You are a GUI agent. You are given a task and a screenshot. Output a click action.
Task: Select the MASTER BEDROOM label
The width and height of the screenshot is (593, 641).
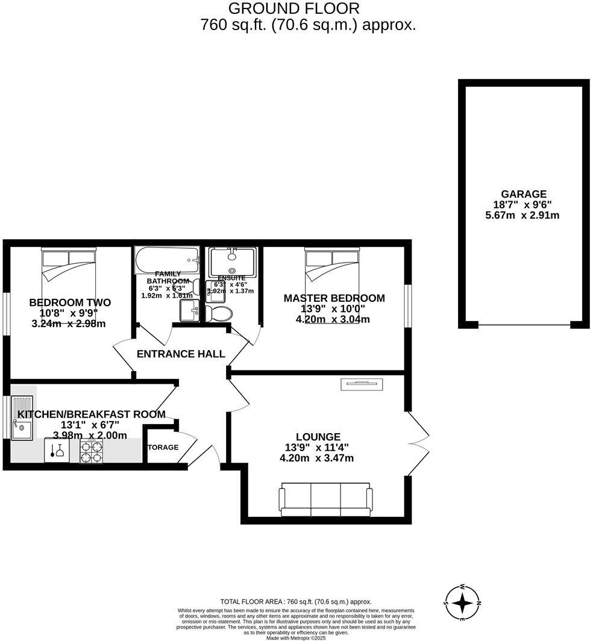tap(334, 298)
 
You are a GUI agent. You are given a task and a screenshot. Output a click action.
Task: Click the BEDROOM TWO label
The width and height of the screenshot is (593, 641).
tap(70, 302)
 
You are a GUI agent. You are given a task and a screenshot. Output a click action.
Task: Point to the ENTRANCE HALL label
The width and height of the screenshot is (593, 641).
tap(181, 354)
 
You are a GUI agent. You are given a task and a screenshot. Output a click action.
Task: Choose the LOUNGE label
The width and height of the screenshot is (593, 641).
tap(318, 437)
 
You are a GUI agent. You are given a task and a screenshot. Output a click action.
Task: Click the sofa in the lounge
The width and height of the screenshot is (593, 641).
tap(325, 499)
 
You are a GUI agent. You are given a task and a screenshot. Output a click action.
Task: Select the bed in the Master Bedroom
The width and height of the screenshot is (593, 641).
tap(332, 266)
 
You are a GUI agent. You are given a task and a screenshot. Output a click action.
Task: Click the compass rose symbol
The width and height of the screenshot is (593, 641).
tap(462, 602)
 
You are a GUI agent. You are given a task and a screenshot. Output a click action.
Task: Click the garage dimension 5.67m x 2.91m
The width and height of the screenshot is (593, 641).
tap(522, 215)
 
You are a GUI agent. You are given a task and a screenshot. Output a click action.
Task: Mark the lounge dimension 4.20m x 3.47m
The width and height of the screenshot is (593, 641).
tap(316, 458)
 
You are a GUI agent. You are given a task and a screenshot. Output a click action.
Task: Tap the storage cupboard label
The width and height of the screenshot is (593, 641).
tap(163, 448)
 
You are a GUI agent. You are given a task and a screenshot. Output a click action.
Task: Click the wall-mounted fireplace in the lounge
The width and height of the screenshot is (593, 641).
tap(361, 382)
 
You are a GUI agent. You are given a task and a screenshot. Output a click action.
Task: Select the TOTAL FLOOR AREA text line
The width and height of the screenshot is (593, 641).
tap(296, 601)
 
